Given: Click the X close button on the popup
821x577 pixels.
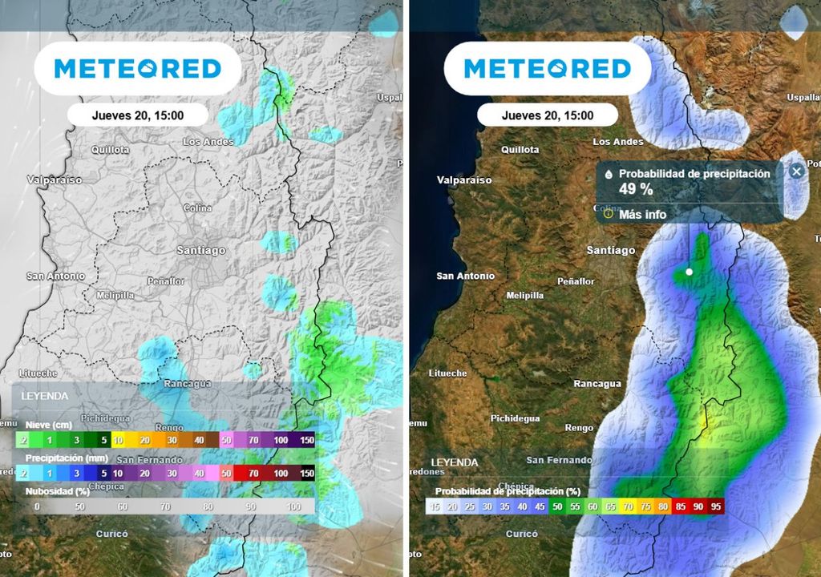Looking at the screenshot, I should coord(795,171).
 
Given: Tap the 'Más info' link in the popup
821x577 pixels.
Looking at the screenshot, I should coord(641,214).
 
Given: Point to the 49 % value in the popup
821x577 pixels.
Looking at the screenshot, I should coord(636,189).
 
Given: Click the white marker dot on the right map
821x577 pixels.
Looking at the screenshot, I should coord(689,272).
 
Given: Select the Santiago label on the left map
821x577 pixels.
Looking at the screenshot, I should coord(201,250).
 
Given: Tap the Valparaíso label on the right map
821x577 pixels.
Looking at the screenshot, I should coord(463,180).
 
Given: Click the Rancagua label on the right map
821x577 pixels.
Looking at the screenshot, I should coord(597,383).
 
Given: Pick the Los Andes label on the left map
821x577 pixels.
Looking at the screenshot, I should coord(208,142).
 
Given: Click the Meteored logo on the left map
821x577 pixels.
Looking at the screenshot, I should coord(137,69).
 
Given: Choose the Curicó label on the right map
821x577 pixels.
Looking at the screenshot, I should coord(521,534).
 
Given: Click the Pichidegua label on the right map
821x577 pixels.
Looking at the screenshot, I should coord(516,418).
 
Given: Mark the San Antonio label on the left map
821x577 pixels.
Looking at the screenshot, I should coord(55,276).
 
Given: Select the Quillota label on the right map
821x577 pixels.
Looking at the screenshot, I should coord(520,150).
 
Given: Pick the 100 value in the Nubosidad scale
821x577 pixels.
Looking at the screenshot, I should coord(294,506).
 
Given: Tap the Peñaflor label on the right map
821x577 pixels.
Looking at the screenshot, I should coord(576,281).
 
